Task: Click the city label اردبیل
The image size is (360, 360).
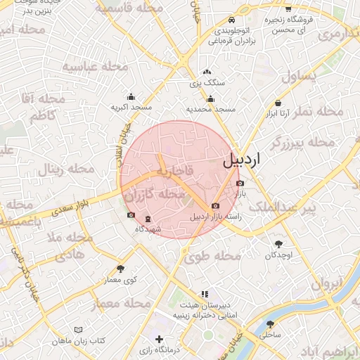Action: pos(241,160)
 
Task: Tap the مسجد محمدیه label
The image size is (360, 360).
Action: pos(210,110)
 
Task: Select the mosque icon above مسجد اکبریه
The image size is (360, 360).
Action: pos(131,97)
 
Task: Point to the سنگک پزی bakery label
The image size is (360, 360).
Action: pos(206,82)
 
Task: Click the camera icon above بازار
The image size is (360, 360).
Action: pos(240,183)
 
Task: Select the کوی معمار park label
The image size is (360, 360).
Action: pos(124,280)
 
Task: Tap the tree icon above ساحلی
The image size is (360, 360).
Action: pos(270,324)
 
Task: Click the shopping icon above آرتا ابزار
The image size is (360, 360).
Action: pos(278,103)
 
